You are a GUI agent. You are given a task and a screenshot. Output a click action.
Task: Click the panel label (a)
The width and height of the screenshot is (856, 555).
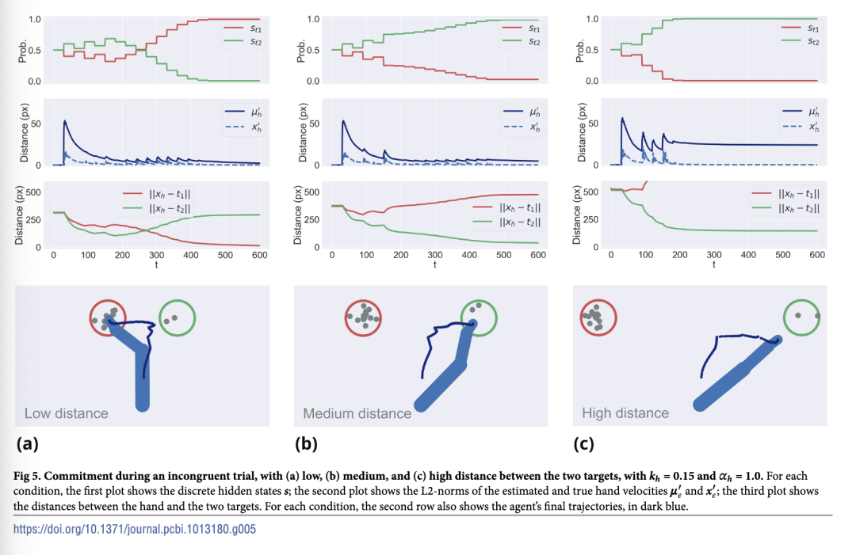click(x=29, y=443)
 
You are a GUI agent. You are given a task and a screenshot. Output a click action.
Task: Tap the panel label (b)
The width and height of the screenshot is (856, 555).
click(x=306, y=443)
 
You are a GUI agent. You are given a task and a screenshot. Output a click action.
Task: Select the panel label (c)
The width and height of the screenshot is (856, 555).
click(x=583, y=443)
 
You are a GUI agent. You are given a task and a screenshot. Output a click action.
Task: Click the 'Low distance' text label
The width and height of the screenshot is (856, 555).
click(x=66, y=413)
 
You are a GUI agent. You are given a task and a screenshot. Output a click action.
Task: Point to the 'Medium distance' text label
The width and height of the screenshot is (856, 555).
click(x=357, y=413)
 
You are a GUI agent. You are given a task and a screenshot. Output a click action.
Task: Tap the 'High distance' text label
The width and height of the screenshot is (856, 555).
click(x=625, y=413)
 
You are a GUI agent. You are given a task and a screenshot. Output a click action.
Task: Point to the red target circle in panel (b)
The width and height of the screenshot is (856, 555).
click(x=363, y=318)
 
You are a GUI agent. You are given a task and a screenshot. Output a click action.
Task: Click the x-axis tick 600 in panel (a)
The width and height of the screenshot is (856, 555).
click(x=259, y=256)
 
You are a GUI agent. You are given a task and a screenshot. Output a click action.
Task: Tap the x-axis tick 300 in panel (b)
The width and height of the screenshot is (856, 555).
click(x=435, y=256)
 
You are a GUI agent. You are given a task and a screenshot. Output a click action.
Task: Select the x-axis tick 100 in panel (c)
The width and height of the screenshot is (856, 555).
click(x=645, y=256)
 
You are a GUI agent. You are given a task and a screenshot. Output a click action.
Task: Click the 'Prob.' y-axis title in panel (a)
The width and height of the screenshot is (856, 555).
click(x=23, y=50)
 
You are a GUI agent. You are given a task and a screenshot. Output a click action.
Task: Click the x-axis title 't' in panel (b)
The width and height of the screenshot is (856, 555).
click(x=435, y=264)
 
